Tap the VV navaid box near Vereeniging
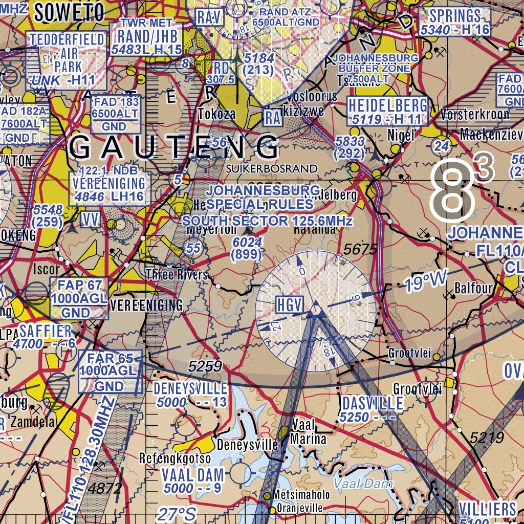coord(91,220)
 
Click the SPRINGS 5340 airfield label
coord(454,22)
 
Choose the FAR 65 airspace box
coord(108,372)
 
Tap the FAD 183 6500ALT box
coord(115,114)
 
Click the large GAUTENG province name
coord(174,147)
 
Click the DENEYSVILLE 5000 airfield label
coord(190,395)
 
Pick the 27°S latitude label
coord(177,514)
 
